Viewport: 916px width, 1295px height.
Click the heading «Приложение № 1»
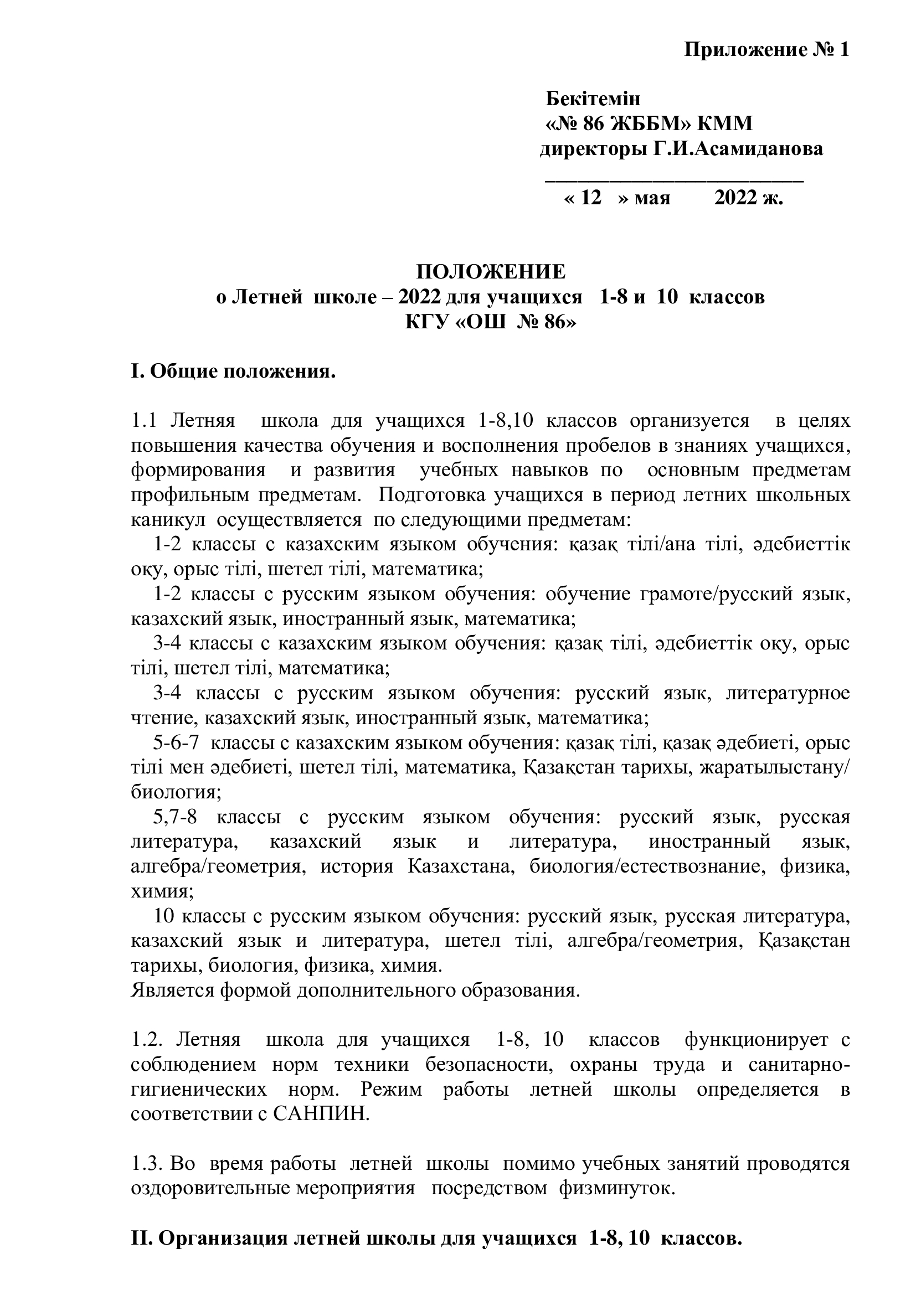pos(766,51)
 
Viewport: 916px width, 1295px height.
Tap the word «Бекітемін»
pos(593,99)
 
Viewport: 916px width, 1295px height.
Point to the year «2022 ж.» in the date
pos(749,199)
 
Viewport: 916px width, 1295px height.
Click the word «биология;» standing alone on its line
pos(176,792)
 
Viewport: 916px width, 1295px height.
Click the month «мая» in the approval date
pos(652,199)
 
